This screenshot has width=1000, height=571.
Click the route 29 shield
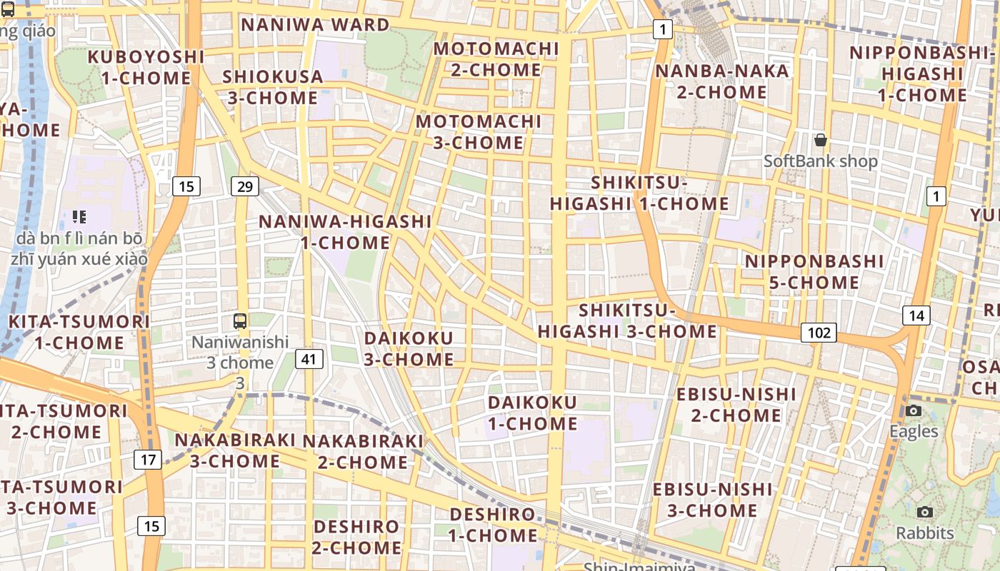coord(245,187)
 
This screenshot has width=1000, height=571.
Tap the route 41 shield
coord(309,358)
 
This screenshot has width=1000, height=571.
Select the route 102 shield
coord(819,332)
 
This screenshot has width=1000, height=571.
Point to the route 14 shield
coord(916,315)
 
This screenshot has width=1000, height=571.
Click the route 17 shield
coord(148,459)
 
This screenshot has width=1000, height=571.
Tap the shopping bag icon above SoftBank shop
coord(821,140)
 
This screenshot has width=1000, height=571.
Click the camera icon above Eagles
coord(913,410)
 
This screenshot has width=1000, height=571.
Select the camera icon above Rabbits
coord(925,512)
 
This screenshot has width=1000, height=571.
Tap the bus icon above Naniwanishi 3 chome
coord(240,321)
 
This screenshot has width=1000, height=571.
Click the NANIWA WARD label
coord(315,25)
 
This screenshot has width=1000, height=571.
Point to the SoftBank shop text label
coord(821,161)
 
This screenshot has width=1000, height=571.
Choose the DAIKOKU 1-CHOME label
coord(532,413)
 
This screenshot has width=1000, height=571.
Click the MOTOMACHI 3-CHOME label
coord(479,132)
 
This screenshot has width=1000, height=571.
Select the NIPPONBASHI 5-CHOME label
coord(814,272)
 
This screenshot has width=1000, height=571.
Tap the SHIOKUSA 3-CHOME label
coord(273,87)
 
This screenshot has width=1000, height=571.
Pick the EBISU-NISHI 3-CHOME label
coord(712,500)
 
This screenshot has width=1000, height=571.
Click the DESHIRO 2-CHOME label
coord(356,537)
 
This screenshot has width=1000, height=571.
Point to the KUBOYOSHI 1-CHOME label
coord(146,67)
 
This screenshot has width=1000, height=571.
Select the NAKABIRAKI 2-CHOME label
coord(363,452)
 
